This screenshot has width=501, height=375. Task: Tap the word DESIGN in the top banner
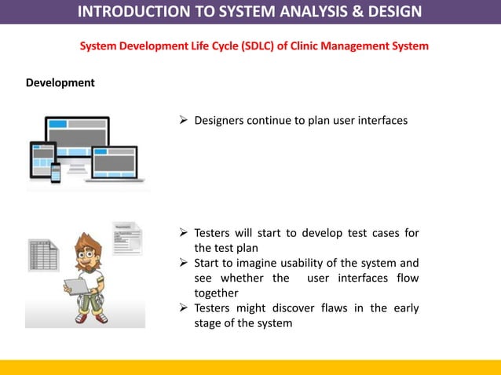coord(390,11)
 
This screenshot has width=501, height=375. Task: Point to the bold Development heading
coord(60,82)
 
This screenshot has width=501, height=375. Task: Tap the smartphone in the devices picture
coord(56,173)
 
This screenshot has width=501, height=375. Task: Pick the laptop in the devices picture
coord(115,163)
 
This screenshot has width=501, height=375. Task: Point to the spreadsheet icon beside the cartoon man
coord(43,256)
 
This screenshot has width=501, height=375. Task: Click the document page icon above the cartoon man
coord(127,238)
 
